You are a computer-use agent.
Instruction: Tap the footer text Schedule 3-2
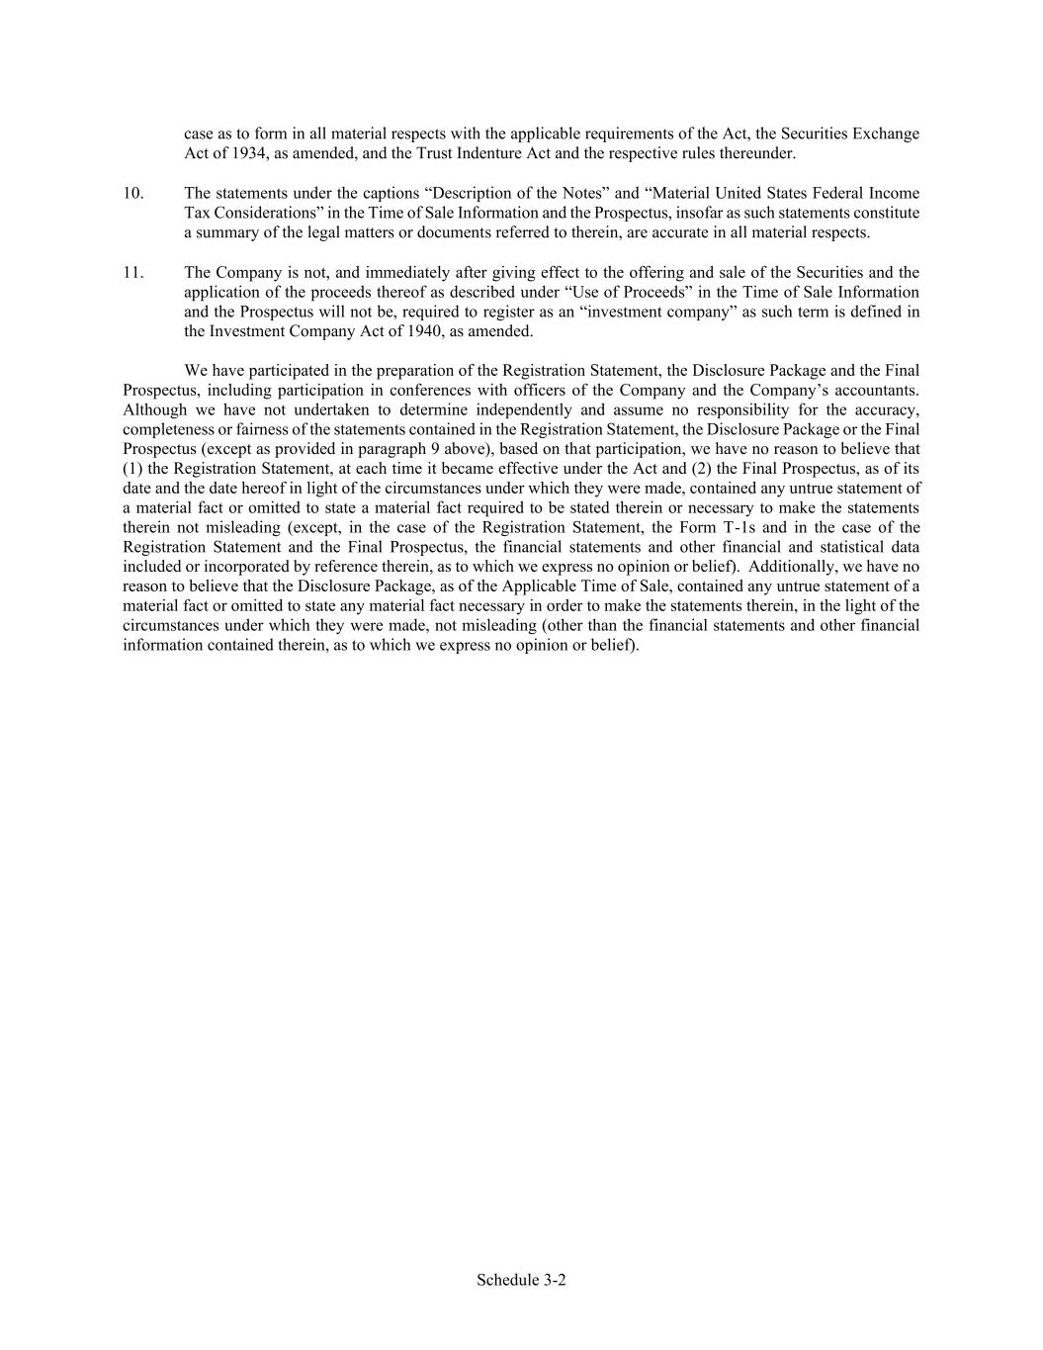coord(521,1280)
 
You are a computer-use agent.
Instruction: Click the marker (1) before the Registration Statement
coord(132,469)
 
